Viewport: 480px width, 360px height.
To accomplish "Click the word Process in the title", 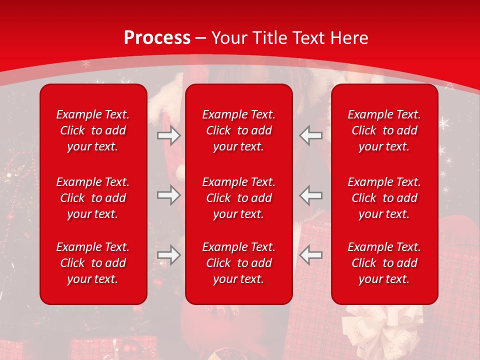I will click(x=157, y=38).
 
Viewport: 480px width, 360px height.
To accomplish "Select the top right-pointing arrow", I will click(x=169, y=135).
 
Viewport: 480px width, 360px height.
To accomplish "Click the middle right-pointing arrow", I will click(x=169, y=194).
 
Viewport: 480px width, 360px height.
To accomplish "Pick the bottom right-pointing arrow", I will click(x=169, y=255).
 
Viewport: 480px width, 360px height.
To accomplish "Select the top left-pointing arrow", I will click(x=310, y=135).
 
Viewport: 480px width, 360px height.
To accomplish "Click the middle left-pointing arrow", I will click(x=310, y=194).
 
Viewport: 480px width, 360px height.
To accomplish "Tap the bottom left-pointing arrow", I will click(x=310, y=255).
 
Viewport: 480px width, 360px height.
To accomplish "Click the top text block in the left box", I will click(x=93, y=130).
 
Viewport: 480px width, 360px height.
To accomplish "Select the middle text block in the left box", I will click(x=93, y=198).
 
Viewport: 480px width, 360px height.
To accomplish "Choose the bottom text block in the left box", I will click(x=93, y=263).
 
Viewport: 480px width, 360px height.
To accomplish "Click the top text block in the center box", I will click(x=239, y=130).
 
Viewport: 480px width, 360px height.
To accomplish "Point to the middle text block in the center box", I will click(x=239, y=198).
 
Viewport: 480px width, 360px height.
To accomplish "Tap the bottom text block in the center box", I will click(x=239, y=263).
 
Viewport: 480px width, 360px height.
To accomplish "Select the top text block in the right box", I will click(x=384, y=130).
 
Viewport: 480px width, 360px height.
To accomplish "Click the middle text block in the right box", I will click(x=384, y=198).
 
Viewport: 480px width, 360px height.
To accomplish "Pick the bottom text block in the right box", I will click(x=384, y=263).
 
